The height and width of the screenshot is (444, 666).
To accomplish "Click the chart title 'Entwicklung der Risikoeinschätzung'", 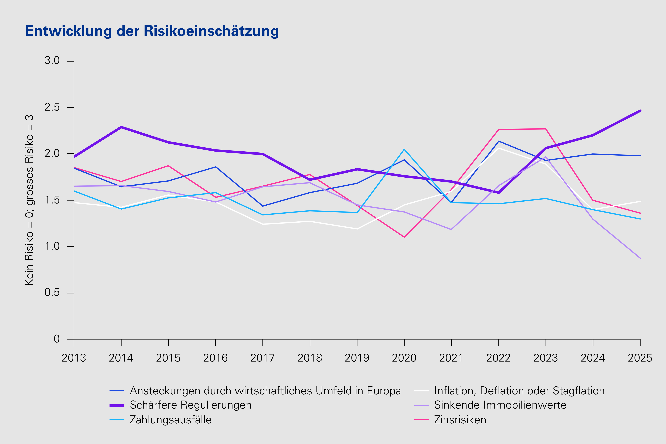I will pyautogui.click(x=152, y=31).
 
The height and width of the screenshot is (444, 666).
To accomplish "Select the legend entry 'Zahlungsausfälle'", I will pyautogui.click(x=170, y=420).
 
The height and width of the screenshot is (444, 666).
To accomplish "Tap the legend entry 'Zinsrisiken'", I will pyautogui.click(x=460, y=420).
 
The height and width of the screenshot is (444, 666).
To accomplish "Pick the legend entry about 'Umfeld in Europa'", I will pyautogui.click(x=265, y=391).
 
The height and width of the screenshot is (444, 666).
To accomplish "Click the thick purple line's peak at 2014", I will pyautogui.click(x=121, y=127).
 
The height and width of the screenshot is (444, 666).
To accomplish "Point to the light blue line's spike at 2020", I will pyautogui.click(x=404, y=149).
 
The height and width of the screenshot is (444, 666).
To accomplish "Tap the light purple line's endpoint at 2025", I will pyautogui.click(x=640, y=258).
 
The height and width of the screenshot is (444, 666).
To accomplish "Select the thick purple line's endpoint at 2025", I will pyautogui.click(x=640, y=111).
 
